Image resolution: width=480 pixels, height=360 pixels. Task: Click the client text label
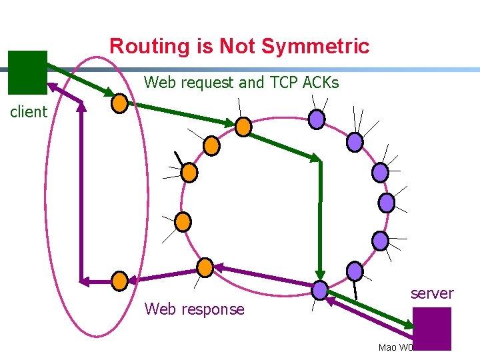pos(29,112)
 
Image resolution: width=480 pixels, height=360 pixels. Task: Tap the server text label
pos(432,293)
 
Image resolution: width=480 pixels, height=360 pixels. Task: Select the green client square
pos(27,72)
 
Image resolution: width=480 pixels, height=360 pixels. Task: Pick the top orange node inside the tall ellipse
pos(119,103)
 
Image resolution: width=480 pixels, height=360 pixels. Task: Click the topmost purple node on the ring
pos(317,119)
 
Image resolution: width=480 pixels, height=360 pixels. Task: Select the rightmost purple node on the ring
pos(387,202)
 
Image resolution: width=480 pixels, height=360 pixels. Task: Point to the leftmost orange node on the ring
pos(182,221)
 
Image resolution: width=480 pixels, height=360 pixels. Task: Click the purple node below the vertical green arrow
pos(320,289)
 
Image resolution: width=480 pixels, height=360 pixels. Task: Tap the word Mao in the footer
pos(387,347)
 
